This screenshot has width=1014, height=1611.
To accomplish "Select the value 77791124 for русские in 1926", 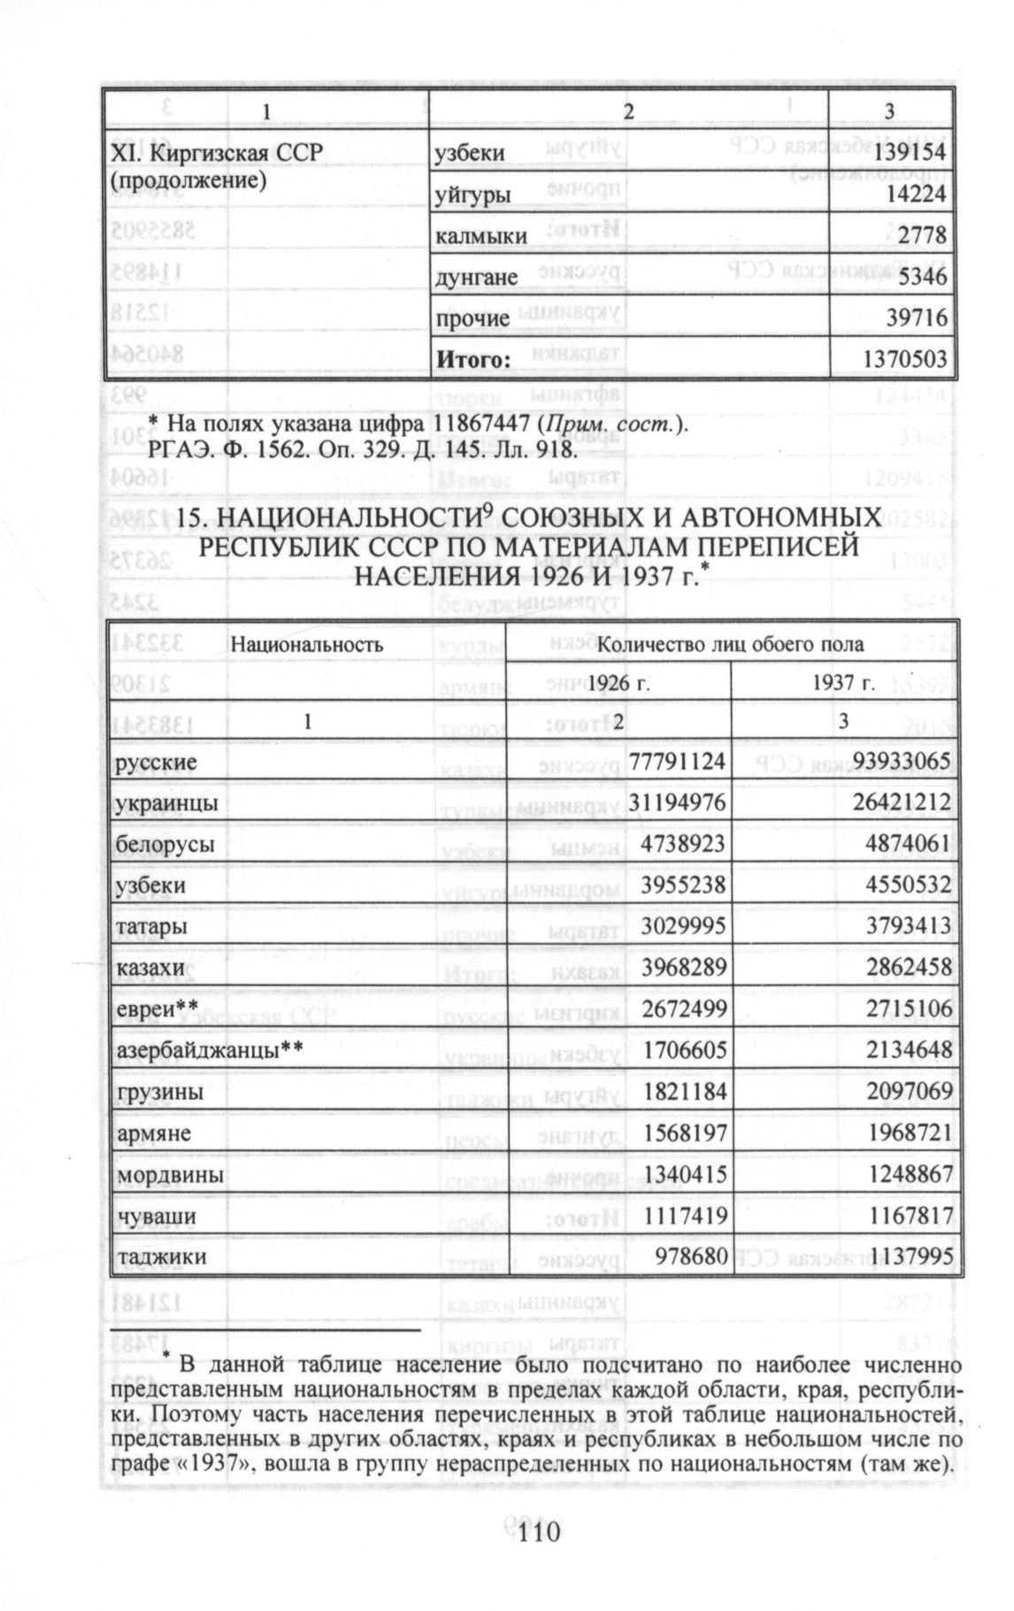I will coord(678,761).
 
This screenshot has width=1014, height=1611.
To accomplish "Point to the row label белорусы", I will coord(165,844).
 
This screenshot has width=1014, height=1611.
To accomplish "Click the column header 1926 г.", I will coord(618,682).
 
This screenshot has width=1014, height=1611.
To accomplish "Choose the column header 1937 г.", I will coord(843,682).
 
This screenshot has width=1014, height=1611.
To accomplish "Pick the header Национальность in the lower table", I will coord(307,644).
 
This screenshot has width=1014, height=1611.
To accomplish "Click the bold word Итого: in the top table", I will coord(473,359).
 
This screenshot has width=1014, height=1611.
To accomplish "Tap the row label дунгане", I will coord(476,278).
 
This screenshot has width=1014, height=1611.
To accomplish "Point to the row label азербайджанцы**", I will coord(210,1050).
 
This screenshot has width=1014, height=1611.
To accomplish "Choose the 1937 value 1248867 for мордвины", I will coord(904,1175).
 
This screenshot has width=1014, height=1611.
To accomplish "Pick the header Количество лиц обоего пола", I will coord(731,644).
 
